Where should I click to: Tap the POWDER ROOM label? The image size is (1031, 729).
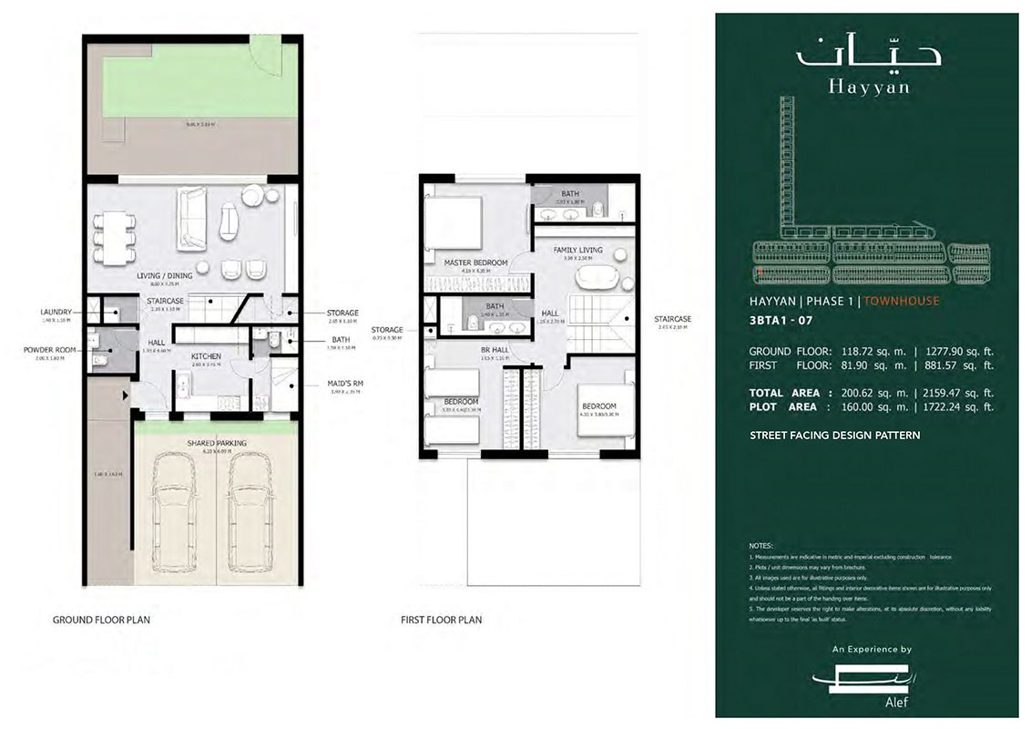(x=49, y=348)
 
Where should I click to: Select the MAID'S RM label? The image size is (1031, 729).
(x=344, y=384)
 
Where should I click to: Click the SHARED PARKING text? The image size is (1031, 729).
(x=217, y=443)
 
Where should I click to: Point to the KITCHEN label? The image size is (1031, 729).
(x=208, y=356)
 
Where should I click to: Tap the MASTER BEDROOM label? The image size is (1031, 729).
(x=475, y=262)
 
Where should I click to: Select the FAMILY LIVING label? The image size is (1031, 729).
(x=577, y=250)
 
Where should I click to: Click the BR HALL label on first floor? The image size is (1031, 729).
(x=495, y=350)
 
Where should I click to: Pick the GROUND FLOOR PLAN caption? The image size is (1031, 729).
(x=101, y=620)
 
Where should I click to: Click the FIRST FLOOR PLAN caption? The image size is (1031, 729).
(x=441, y=620)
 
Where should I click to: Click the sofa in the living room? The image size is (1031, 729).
(x=191, y=219)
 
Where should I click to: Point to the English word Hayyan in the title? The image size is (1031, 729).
(x=868, y=88)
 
